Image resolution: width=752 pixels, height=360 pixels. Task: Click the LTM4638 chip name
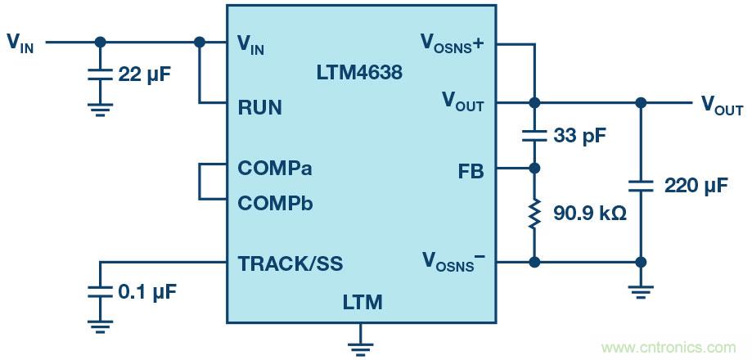pyautogui.click(x=359, y=72)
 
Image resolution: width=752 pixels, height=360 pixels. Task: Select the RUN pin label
pyautogui.click(x=259, y=107)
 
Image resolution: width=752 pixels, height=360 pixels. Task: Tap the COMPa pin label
pyautogui.click(x=275, y=169)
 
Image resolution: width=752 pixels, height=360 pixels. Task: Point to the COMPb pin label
pyautogui.click(x=275, y=202)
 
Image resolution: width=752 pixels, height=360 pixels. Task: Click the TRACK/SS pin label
pyautogui.click(x=290, y=263)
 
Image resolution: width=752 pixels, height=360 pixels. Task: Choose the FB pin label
pyautogui.click(x=471, y=171)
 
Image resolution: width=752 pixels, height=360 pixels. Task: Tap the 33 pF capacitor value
pyautogui.click(x=579, y=136)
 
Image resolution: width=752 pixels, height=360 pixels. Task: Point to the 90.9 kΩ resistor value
pyautogui.click(x=589, y=214)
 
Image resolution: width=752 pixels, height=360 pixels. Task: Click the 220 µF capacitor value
pyautogui.click(x=696, y=186)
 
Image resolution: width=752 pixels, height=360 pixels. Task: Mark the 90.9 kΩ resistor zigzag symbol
pyautogui.click(x=534, y=214)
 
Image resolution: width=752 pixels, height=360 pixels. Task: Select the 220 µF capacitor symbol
pyautogui.click(x=642, y=186)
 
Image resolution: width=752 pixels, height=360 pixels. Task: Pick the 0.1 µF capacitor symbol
pyautogui.click(x=100, y=291)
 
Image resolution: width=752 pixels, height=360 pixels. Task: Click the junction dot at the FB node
pyautogui.click(x=534, y=169)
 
